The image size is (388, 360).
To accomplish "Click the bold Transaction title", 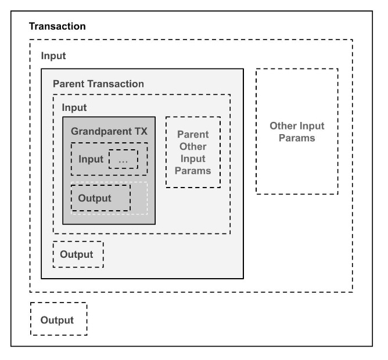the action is [x=58, y=26].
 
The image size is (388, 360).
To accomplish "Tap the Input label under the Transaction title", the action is [x=53, y=56].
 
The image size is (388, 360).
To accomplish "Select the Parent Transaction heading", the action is [x=98, y=84].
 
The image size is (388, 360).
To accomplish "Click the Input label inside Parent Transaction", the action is [x=74, y=107].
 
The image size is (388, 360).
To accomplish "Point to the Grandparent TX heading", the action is [x=109, y=131].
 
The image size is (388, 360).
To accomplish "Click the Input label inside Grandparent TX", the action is [x=91, y=159].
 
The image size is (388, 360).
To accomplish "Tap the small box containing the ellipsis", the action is [x=123, y=159].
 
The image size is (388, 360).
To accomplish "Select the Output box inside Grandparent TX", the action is [x=100, y=198].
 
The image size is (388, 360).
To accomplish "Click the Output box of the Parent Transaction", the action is [x=78, y=254].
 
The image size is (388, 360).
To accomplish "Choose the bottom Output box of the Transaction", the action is [x=59, y=319].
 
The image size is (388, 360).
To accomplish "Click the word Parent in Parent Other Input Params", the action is [x=193, y=134].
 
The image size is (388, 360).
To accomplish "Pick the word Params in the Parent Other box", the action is [x=193, y=171].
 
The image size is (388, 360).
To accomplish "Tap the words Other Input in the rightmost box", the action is [x=297, y=126].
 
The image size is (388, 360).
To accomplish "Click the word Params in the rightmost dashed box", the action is [x=297, y=138].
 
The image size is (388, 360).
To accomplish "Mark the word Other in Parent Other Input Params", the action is [x=193, y=146].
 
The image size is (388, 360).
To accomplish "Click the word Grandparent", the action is [x=102, y=132].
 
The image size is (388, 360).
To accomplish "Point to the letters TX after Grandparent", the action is [x=141, y=131].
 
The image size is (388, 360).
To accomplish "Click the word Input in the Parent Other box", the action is [x=193, y=159].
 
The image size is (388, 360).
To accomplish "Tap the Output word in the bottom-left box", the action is [x=57, y=320].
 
